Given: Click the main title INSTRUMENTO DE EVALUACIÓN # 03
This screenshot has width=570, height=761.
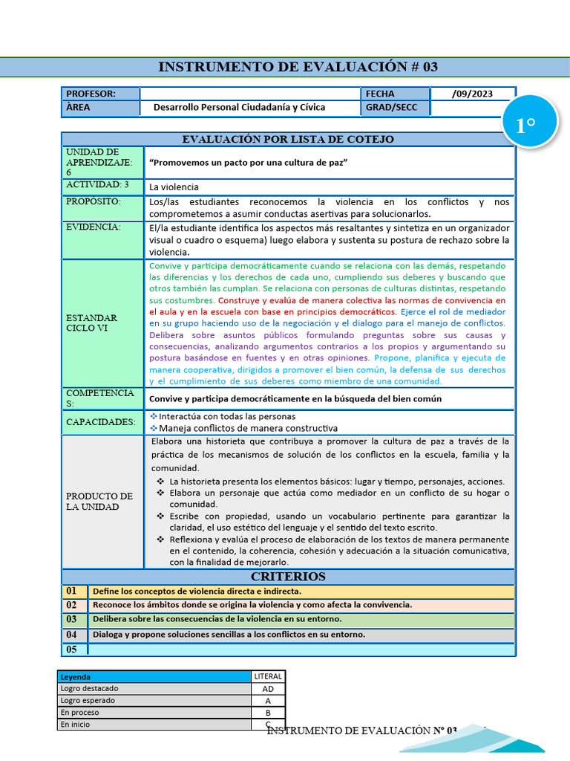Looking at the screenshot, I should coord(298,67).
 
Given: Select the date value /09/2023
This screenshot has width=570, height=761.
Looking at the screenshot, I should coord(471,94).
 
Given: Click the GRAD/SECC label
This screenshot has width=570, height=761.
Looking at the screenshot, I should coord(391,107).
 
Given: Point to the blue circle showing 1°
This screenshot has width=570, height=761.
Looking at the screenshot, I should coord(525,126).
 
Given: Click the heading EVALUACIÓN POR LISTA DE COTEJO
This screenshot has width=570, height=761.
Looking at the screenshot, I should coord(288,139).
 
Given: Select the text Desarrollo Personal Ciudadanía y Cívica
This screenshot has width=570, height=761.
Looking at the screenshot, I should coord(239,107).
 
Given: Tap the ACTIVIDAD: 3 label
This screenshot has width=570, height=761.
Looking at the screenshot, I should coord(97,184).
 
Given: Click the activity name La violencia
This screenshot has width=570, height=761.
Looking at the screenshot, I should coord(174,187).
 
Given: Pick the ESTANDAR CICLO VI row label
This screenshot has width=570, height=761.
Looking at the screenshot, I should coord(92,323).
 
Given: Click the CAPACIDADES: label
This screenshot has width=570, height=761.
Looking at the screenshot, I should coord(101,422).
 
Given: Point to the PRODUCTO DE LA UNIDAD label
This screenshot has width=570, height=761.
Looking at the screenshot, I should coord(99,502).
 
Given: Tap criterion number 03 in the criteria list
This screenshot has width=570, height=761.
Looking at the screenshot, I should coord(72,619).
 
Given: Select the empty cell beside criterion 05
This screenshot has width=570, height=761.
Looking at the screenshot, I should coord(301,650).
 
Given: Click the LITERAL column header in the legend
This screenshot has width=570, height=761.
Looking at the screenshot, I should coord(268,676).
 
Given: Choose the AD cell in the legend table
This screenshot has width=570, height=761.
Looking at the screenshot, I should coord(268,689).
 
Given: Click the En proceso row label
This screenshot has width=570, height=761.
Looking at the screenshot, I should coord(80,712).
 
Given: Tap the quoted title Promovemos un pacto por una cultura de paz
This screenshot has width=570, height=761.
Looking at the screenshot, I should coord(249,162).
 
